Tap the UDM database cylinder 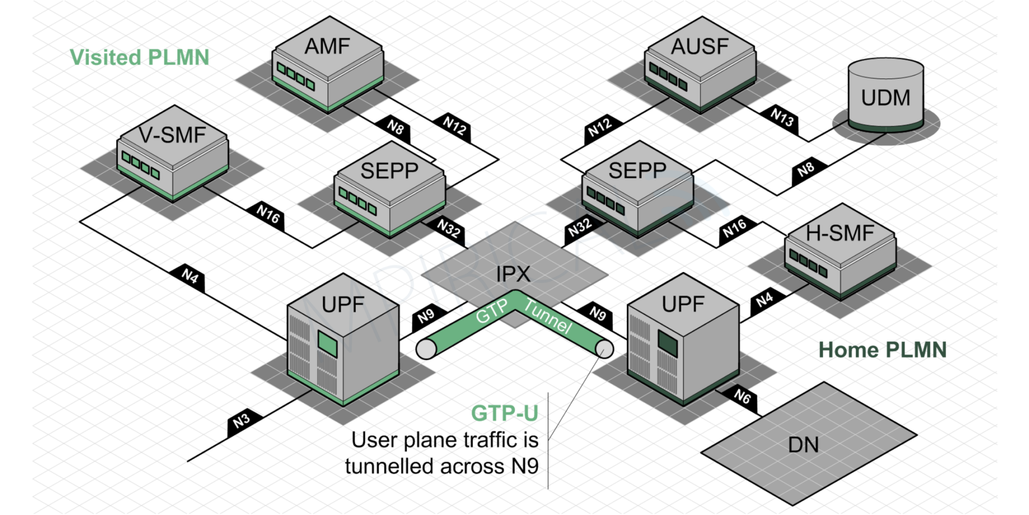pos(885,96)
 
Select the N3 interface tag pos(242,420)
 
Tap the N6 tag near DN pos(742,397)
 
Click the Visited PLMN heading pos(139,57)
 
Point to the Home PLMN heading pos(882,350)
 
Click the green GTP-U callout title pos(504,413)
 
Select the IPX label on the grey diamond pos(513,275)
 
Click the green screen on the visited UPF pos(328,345)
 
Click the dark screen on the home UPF pos(668,343)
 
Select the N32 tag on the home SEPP pos(580,228)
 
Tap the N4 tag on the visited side pos(190,276)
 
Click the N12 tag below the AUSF pos(600,127)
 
